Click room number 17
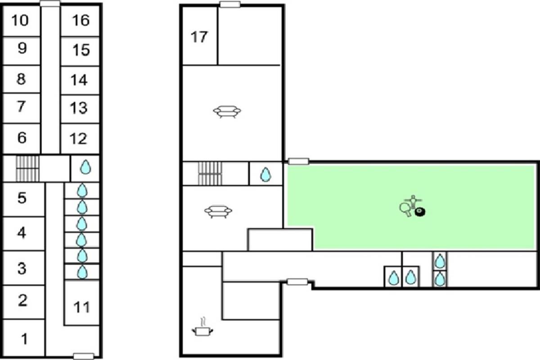tap(199, 36)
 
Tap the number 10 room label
tap(20, 20)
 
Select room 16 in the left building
tap(81, 20)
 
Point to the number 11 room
tap(81, 307)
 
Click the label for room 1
tap(24, 338)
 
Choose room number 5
tap(22, 198)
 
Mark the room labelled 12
tap(79, 139)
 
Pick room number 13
tap(79, 108)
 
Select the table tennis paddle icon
tap(405, 208)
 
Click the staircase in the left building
tap(28, 168)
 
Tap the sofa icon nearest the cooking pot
tap(218, 211)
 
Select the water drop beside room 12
tap(85, 168)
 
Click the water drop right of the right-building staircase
tap(266, 174)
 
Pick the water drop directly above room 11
tap(82, 272)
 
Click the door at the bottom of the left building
tap(83, 356)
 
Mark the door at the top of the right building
tap(229, 4)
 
